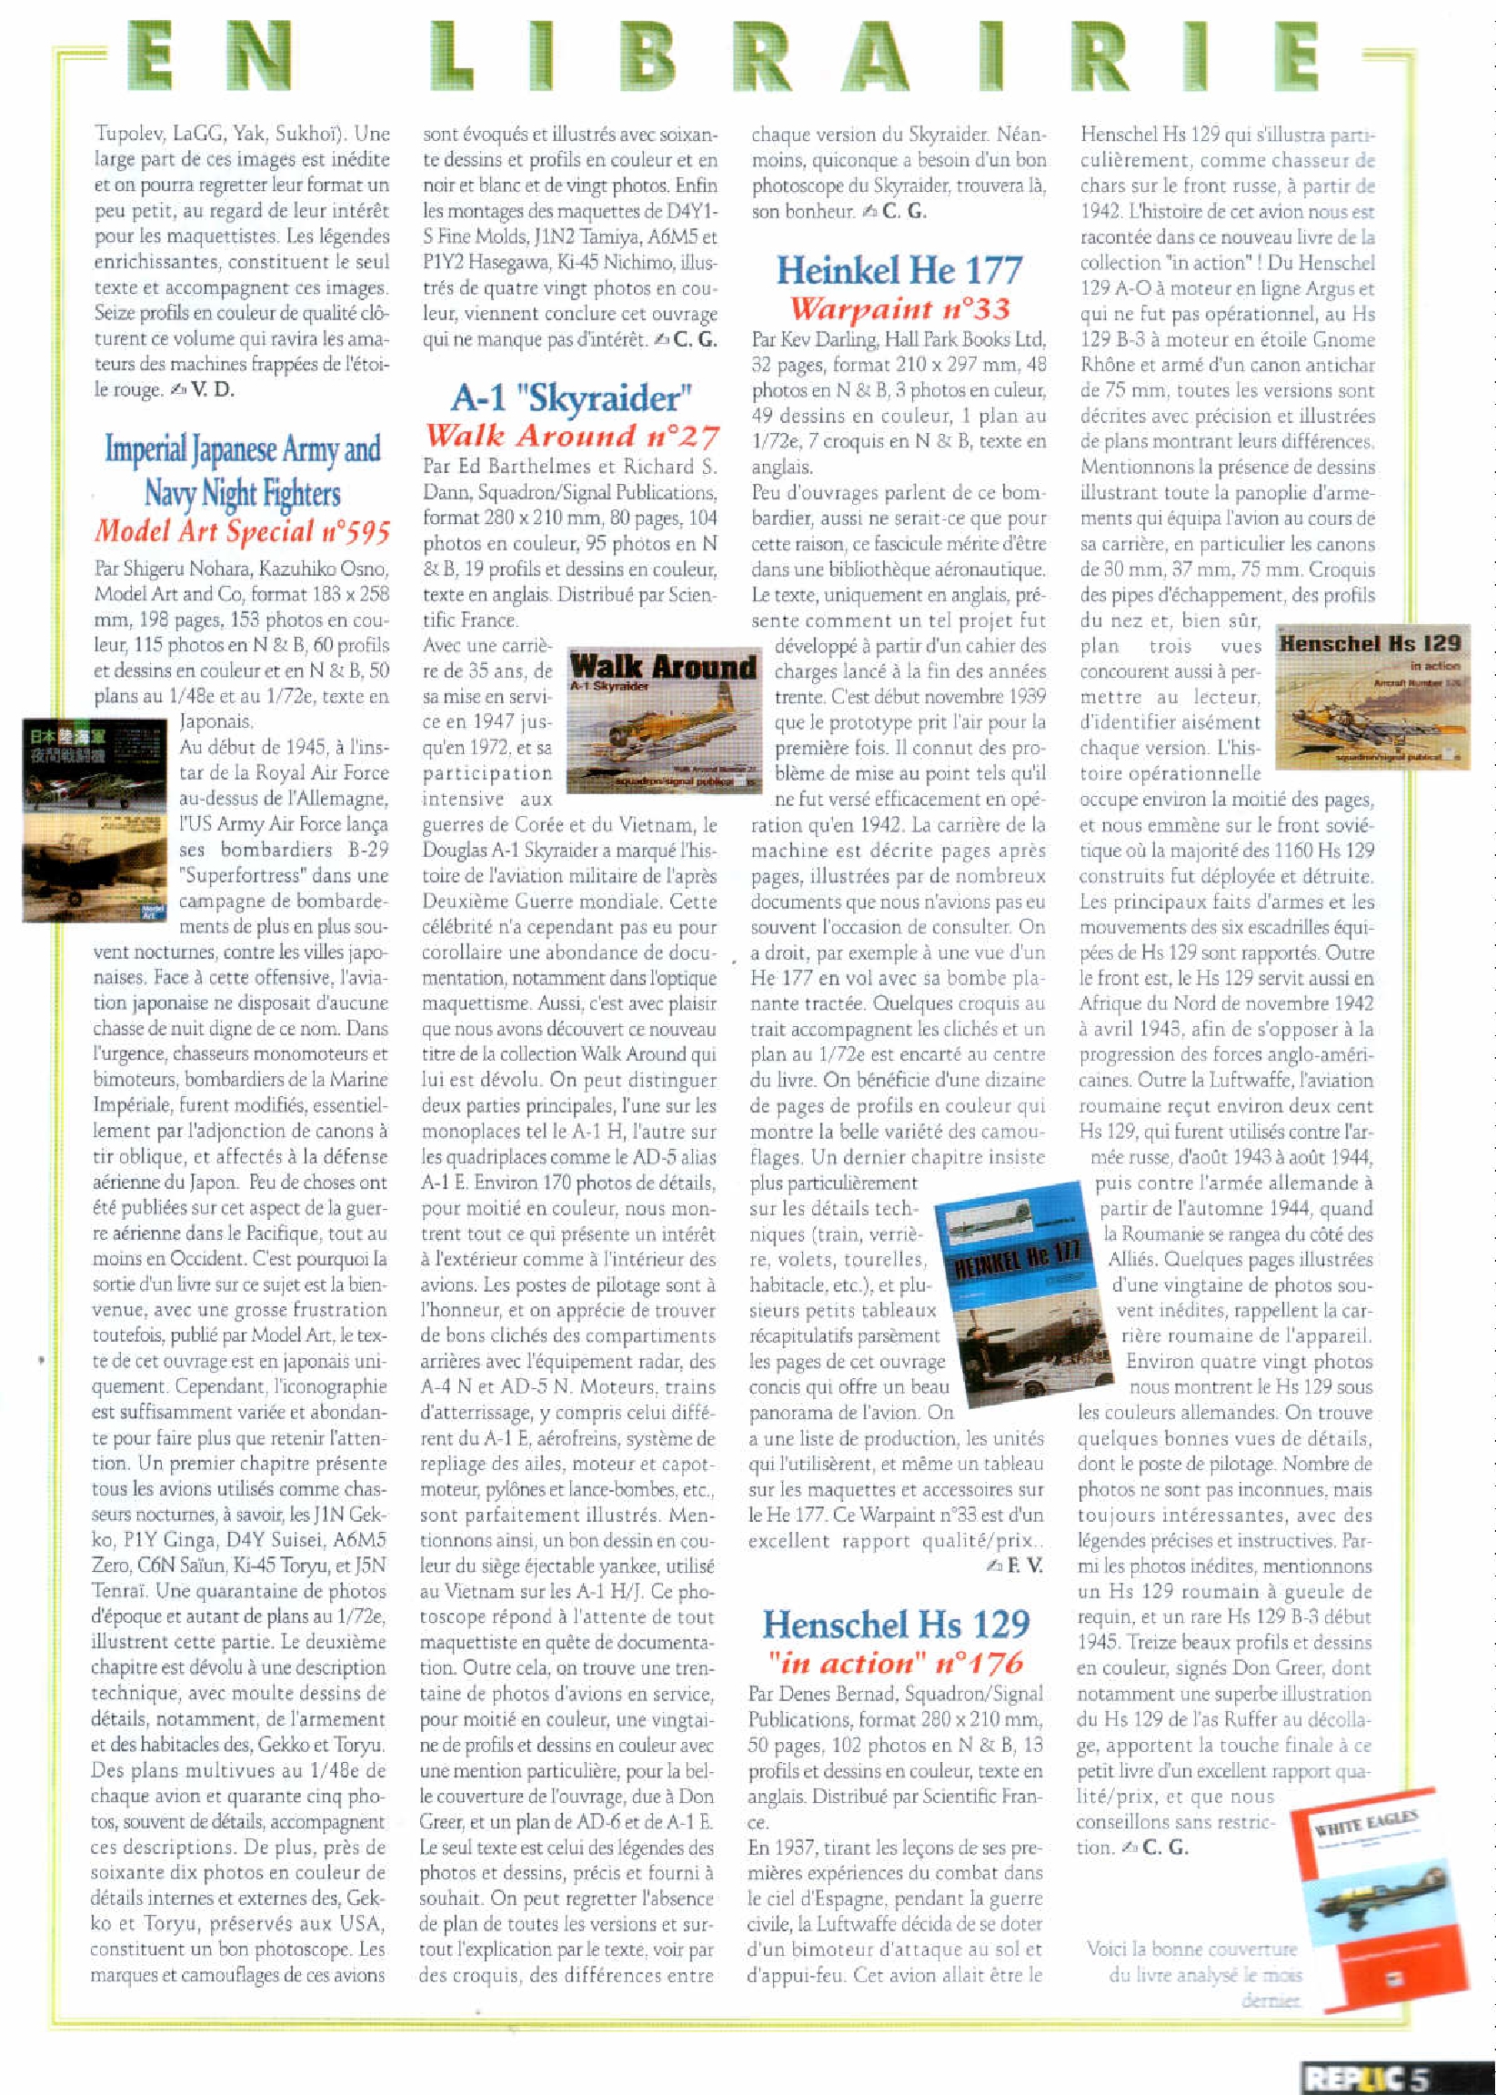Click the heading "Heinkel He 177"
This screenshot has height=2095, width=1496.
pyautogui.click(x=899, y=270)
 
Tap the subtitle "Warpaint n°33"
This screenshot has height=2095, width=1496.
pyautogui.click(x=899, y=307)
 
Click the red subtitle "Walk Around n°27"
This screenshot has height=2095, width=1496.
pyautogui.click(x=571, y=435)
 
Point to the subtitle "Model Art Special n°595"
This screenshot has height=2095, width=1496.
pyautogui.click(x=242, y=530)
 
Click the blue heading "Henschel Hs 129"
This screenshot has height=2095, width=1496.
pyautogui.click(x=896, y=1623)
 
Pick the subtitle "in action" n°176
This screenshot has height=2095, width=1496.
pyautogui.click(x=896, y=1662)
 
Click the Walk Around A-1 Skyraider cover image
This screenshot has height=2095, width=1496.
pyautogui.click(x=663, y=721)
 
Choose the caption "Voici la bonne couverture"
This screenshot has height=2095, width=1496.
pyautogui.click(x=1192, y=1949)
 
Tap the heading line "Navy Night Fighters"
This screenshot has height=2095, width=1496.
pyautogui.click(x=242, y=493)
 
